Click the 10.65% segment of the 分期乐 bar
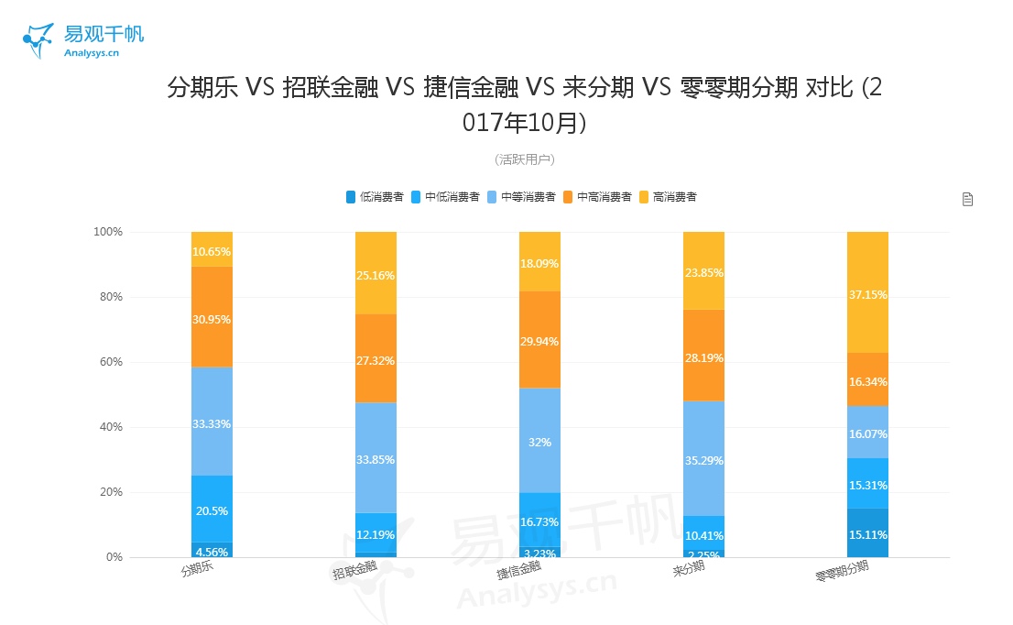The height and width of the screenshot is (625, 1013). tap(212, 249)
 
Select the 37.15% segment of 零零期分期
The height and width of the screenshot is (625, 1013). tap(867, 293)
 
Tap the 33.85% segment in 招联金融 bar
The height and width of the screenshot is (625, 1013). tap(376, 458)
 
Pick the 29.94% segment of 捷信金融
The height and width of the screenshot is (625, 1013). tap(539, 340)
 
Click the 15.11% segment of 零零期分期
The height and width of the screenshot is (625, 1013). tap(867, 533)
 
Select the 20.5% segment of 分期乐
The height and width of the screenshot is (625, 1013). tap(212, 510)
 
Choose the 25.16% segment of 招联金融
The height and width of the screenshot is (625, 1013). tap(376, 273)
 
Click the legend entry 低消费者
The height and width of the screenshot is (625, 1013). tap(375, 197)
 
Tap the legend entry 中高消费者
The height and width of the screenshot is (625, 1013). tap(596, 197)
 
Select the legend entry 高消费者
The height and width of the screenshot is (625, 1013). tap(668, 197)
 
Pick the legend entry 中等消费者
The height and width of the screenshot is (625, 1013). tap(521, 197)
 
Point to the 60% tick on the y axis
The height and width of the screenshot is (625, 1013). tap(110, 362)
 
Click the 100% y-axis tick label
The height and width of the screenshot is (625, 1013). tap(107, 232)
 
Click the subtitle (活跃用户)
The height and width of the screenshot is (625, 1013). tap(524, 159)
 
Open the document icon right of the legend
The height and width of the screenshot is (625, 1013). tap(967, 199)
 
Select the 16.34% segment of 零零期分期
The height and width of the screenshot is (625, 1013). tap(867, 380)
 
